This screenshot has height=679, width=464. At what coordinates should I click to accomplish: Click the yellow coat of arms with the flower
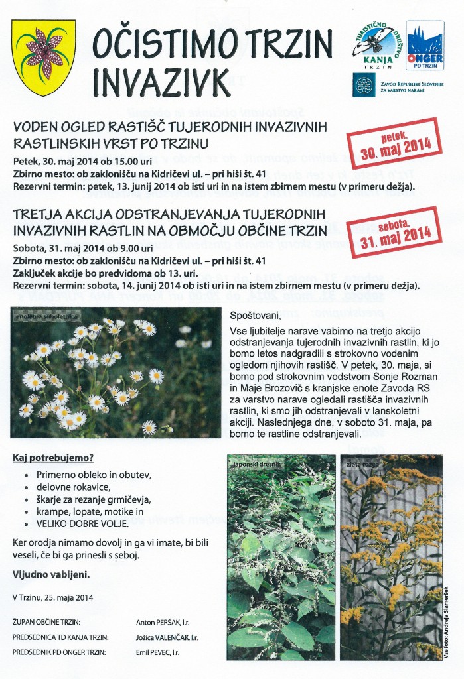coord(43,58)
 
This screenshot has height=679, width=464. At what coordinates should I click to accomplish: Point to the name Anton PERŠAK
coord(166,623)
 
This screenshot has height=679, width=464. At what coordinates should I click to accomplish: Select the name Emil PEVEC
coord(163,652)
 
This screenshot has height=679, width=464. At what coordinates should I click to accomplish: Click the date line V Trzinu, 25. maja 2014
coord(53,597)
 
